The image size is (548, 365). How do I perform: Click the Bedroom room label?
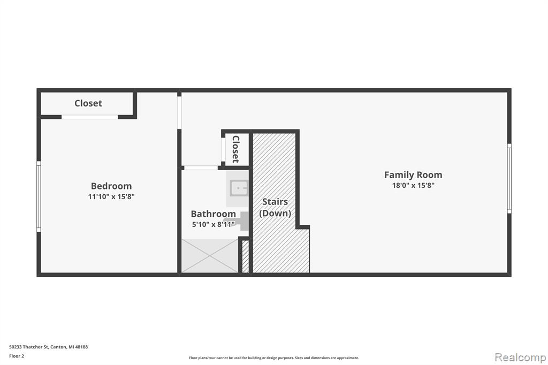click(111, 186)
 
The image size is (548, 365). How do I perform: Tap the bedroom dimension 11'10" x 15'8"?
click(111, 196)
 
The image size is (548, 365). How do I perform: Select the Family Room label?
click(413, 175)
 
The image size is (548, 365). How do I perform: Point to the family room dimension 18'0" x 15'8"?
click(413, 185)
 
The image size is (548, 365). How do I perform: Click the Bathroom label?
click(213, 214)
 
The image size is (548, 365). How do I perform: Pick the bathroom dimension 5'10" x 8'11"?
click(213, 224)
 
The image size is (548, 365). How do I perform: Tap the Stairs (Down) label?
click(275, 207)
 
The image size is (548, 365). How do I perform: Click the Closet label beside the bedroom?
click(88, 103)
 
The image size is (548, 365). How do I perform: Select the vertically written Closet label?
click(236, 149)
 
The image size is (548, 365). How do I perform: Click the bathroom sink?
click(239, 188)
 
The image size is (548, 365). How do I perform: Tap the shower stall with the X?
click(210, 256)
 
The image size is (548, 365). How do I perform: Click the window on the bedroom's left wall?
click(39, 196)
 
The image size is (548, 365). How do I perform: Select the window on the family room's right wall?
click(509, 178)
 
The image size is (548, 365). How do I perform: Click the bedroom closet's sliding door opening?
click(90, 117)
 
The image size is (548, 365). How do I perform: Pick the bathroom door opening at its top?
click(201, 168)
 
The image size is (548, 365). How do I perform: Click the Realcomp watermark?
click(520, 358)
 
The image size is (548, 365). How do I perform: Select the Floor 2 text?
click(17, 356)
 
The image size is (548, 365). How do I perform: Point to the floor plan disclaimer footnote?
click(274, 358)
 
